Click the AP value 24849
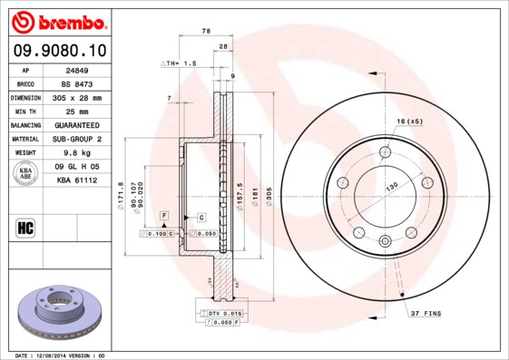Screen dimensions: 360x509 click(x=76, y=69)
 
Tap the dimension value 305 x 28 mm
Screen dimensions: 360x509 click(x=76, y=97)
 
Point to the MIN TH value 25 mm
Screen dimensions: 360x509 click(x=76, y=111)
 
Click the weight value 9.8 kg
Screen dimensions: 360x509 click(x=76, y=153)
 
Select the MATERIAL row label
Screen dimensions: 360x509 click(x=24, y=139)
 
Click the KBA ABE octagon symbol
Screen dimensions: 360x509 click(x=25, y=173)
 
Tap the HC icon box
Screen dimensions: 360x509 click(x=25, y=227)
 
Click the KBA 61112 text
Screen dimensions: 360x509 click(x=76, y=181)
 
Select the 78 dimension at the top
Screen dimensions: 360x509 click(x=205, y=31)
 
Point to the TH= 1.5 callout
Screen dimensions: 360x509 click(x=179, y=63)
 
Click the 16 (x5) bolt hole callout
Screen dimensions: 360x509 click(x=409, y=121)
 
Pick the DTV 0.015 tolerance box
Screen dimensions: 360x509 click(x=219, y=312)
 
